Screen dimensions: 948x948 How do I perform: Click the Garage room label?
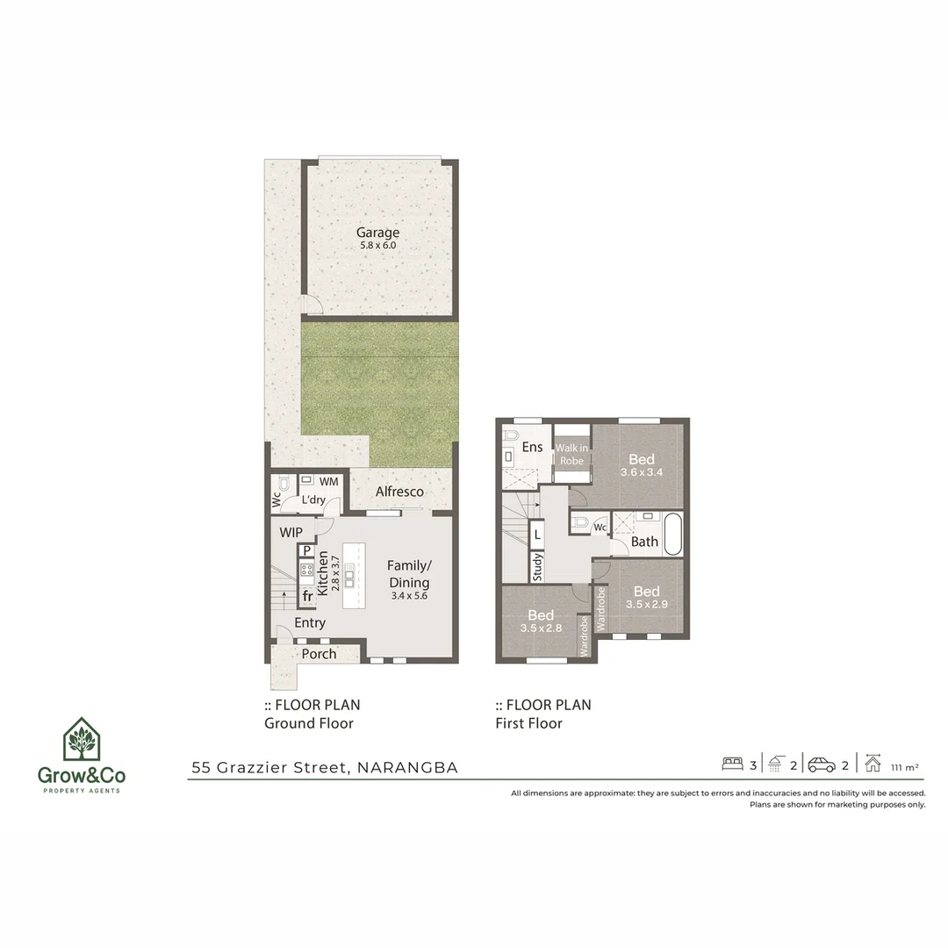(x=377, y=233)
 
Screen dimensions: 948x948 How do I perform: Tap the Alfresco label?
(x=399, y=492)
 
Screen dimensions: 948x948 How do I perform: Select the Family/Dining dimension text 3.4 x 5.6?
(x=408, y=596)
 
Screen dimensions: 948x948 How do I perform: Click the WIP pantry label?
(x=291, y=533)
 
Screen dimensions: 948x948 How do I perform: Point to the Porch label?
(x=319, y=654)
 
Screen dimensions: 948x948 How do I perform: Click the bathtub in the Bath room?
(x=672, y=535)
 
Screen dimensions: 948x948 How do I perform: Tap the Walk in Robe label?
(x=571, y=454)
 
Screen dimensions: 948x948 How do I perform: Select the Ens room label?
(x=532, y=447)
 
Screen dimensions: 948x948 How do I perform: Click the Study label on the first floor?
(x=537, y=567)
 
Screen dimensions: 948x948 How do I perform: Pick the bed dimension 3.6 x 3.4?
(x=642, y=472)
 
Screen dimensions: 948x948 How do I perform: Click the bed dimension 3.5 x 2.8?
(x=540, y=628)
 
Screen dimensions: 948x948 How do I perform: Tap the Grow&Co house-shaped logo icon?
(x=81, y=740)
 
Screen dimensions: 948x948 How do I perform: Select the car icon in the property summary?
(x=822, y=765)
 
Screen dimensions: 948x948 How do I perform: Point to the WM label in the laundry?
(x=328, y=482)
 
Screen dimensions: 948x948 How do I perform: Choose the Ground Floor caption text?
(x=309, y=723)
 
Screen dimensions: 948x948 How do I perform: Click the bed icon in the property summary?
(x=732, y=764)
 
